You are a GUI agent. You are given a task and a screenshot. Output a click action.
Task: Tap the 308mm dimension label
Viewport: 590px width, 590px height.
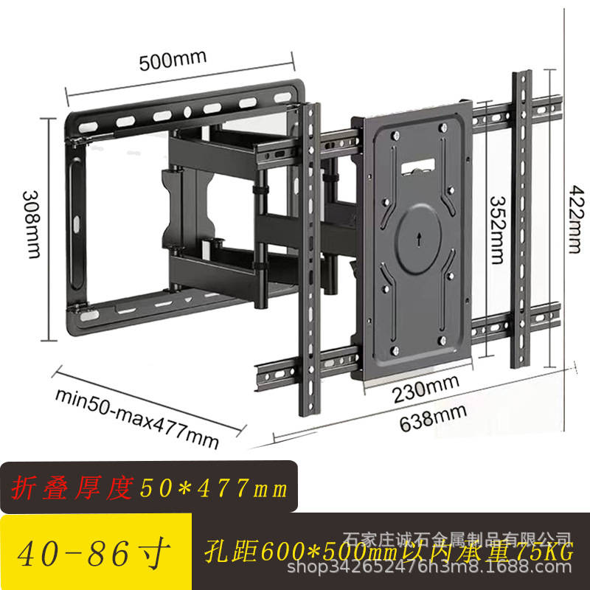(31, 223)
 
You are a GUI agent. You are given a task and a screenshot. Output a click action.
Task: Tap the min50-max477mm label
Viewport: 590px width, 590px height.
(137, 417)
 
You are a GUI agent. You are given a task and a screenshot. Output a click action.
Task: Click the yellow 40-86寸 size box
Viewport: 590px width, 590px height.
(96, 552)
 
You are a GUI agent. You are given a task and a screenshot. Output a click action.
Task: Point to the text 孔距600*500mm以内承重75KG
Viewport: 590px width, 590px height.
(391, 552)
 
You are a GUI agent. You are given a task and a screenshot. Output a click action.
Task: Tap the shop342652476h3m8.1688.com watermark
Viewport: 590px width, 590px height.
(433, 567)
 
